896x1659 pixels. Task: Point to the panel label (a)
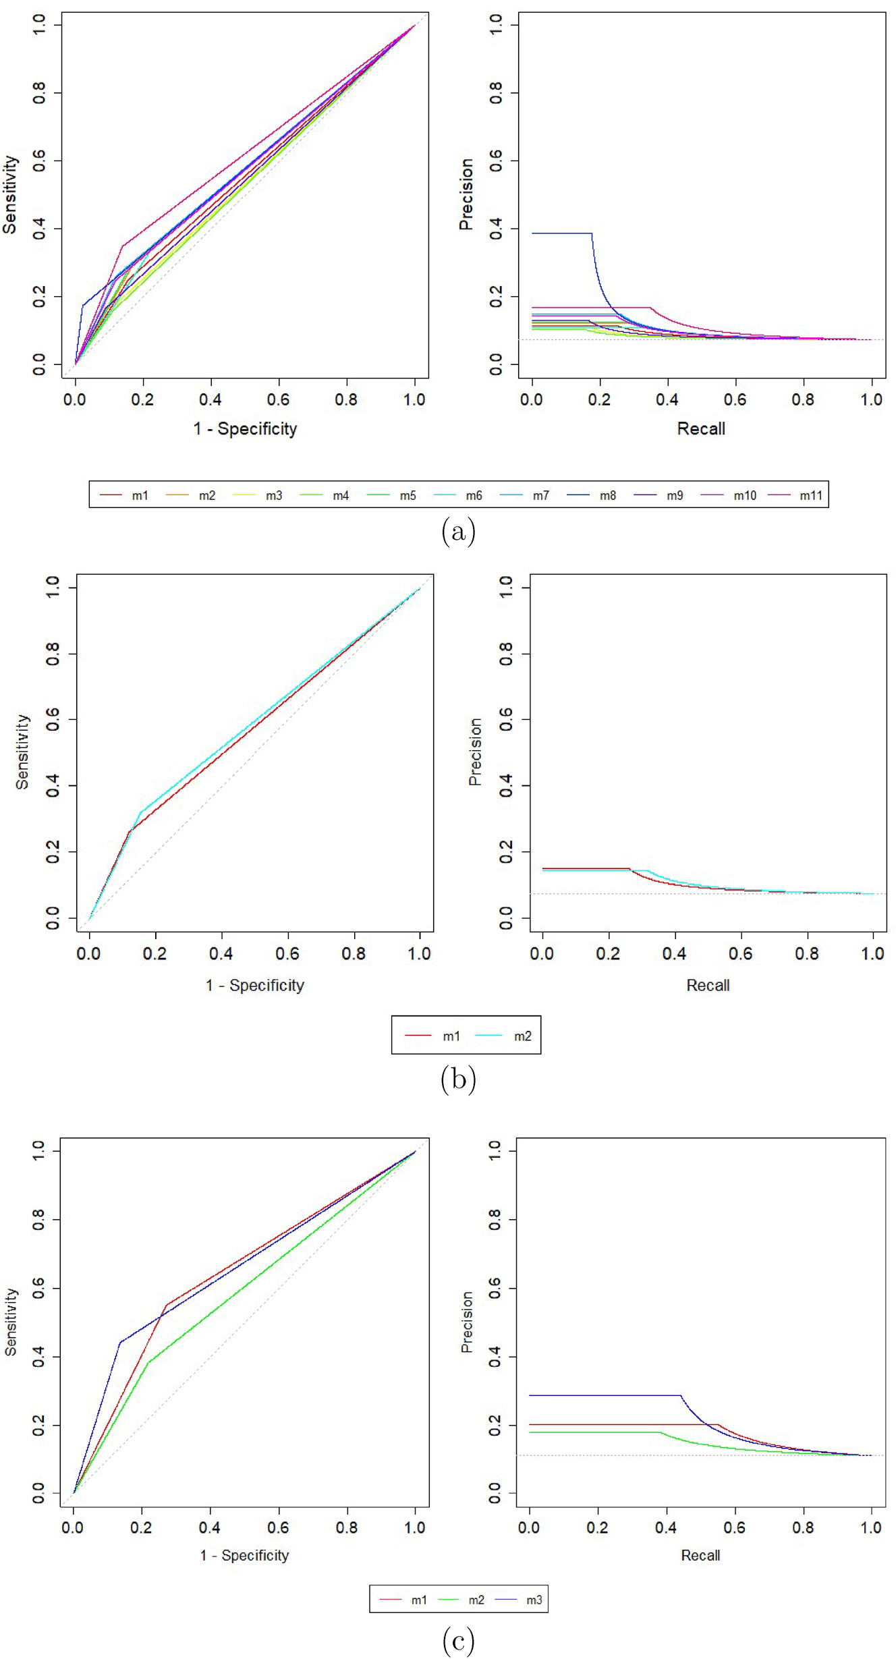click(x=458, y=532)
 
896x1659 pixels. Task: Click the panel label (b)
click(x=458, y=1079)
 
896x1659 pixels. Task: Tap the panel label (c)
click(x=458, y=1640)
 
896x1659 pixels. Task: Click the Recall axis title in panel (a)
click(x=701, y=428)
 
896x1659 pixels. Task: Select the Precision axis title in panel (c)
click(x=467, y=1322)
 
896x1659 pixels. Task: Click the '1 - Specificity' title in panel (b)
click(x=255, y=985)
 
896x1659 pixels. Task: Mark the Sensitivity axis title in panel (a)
click(x=9, y=194)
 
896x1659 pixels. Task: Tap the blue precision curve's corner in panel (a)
click(x=592, y=233)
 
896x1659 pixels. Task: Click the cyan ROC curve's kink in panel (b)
click(x=140, y=812)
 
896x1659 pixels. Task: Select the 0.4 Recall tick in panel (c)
click(x=666, y=1527)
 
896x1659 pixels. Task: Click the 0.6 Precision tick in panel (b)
click(x=506, y=720)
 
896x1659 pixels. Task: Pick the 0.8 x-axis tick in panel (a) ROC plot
click(x=346, y=399)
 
